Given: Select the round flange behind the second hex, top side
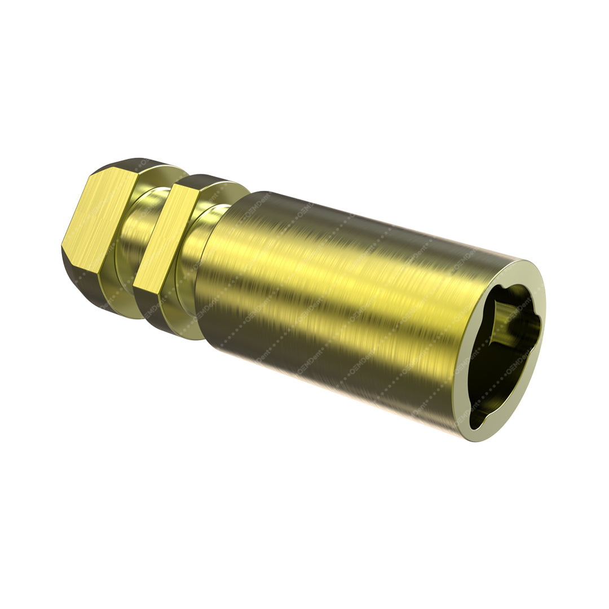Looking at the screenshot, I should click(x=234, y=189).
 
